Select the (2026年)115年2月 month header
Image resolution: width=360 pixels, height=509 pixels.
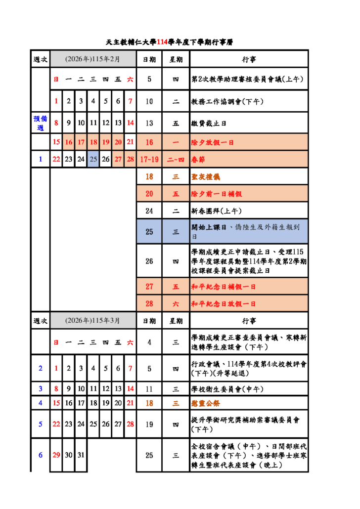pos(93,59)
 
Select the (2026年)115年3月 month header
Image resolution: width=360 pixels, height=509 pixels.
pos(93,320)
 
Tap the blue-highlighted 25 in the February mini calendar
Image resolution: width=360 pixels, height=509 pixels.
pos(93,159)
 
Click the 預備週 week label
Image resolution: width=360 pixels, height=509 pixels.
pos(40,123)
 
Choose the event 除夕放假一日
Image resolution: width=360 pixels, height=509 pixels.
pos(213,142)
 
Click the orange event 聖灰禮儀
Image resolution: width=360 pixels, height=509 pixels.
pos(205,176)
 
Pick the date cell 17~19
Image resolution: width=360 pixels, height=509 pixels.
pos(149,159)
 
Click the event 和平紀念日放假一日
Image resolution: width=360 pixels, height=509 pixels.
pos(223,303)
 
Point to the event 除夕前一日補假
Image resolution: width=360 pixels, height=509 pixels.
pos(216,194)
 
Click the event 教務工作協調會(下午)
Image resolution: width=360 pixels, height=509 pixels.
pos(227,101)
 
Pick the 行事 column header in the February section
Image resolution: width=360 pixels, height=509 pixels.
pos(249,59)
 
